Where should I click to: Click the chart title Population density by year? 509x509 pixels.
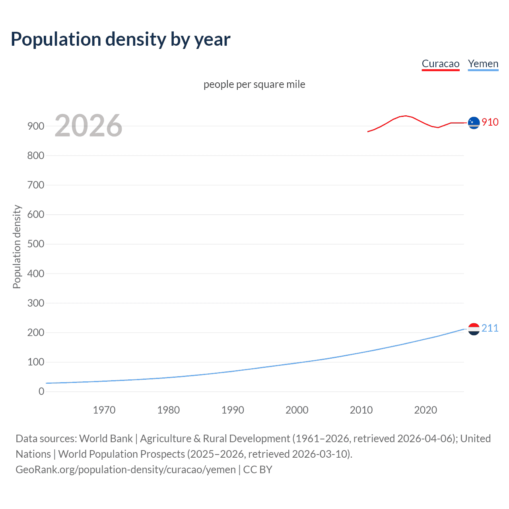(x=120, y=39)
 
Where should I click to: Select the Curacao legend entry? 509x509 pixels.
(x=440, y=64)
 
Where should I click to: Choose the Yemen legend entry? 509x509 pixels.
(x=483, y=64)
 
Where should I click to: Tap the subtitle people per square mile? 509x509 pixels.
(x=254, y=84)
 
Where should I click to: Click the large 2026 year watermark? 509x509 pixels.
(x=88, y=126)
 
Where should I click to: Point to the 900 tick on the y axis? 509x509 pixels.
(x=36, y=126)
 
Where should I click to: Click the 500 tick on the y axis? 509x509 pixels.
(x=36, y=244)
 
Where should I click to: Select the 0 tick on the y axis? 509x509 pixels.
(x=41, y=391)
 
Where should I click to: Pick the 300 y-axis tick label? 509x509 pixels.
(x=36, y=303)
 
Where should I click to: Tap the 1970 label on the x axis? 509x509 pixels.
(x=104, y=410)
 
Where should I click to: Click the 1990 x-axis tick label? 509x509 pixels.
(x=233, y=410)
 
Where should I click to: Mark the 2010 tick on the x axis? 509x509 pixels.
(x=361, y=410)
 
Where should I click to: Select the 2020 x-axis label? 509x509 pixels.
(x=425, y=410)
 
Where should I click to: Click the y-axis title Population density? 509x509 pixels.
(x=17, y=247)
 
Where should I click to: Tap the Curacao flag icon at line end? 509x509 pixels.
(x=474, y=123)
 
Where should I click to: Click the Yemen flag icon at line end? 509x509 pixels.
(x=474, y=329)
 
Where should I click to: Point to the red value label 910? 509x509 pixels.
(x=490, y=122)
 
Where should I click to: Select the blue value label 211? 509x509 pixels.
(x=490, y=328)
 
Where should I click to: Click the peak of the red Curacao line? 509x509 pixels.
(x=405, y=116)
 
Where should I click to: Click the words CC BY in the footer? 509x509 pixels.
(x=258, y=470)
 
